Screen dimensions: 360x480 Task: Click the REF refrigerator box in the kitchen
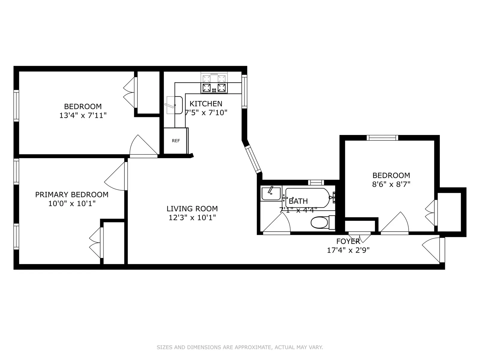click(176, 140)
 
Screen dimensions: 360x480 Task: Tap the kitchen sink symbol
click(175, 105)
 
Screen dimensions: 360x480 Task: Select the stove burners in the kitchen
click(214, 88)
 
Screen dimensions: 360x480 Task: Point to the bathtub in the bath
click(307, 198)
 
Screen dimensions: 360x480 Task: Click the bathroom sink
click(271, 193)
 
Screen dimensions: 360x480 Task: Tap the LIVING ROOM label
click(192, 208)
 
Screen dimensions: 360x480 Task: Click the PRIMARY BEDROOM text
click(72, 194)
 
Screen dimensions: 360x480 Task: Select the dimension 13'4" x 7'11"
click(83, 115)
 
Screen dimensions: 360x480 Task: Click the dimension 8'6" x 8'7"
click(391, 184)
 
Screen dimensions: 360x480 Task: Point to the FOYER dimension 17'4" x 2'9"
click(348, 250)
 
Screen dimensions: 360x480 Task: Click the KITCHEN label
click(206, 104)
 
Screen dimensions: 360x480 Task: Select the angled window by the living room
click(253, 159)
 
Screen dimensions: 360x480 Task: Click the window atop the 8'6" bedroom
click(382, 138)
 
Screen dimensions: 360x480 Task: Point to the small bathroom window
click(316, 182)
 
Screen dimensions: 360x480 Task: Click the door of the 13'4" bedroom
click(143, 147)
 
